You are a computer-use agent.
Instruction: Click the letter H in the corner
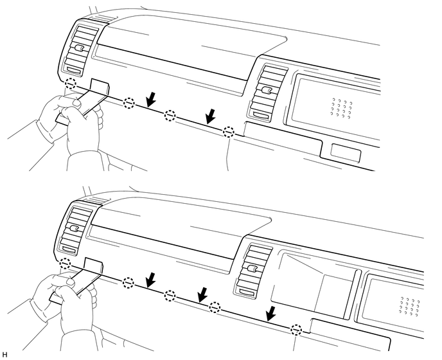pos(4,354)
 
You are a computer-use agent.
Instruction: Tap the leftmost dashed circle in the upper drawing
pos(72,84)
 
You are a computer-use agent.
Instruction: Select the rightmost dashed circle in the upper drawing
pos(229,132)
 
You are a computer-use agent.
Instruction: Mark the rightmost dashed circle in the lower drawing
pos(296,330)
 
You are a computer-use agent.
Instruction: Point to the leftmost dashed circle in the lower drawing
pos(65,264)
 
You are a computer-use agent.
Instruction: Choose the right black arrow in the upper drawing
pos(210,116)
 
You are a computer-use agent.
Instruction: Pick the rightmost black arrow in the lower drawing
pos(272,314)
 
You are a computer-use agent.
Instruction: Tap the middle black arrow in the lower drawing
pos(203,294)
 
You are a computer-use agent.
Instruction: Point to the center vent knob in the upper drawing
pos(264,90)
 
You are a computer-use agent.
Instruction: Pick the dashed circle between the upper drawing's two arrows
pos(169,116)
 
